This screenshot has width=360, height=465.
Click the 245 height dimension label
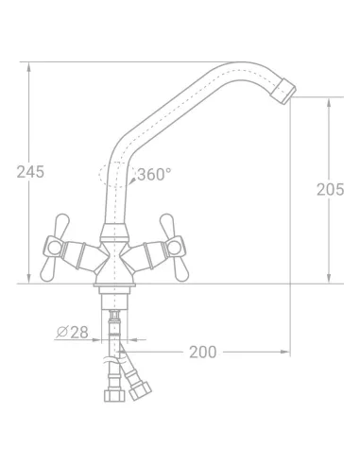pyautogui.click(x=30, y=172)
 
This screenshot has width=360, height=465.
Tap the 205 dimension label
pyautogui.click(x=330, y=190)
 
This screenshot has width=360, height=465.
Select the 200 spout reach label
pyautogui.click(x=203, y=353)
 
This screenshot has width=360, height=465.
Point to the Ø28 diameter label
pyautogui.click(x=72, y=332)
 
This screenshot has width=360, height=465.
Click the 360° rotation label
pyautogui.click(x=155, y=174)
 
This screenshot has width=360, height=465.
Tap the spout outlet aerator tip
pyautogui.click(x=283, y=91)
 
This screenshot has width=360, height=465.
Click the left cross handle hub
pyautogui.click(x=53, y=248)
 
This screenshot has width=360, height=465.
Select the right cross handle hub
pyautogui.click(x=174, y=248)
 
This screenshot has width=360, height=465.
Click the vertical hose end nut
pyautogui.click(x=114, y=396)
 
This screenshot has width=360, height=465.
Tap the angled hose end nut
pyautogui.click(x=140, y=390)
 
